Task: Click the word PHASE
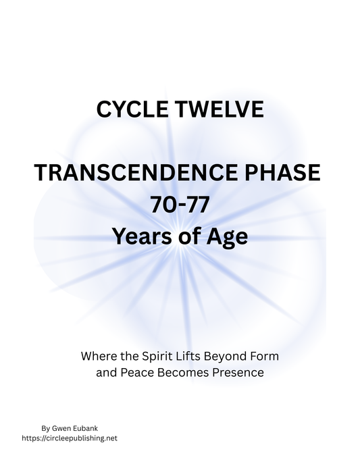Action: (280, 174)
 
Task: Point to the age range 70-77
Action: (179, 205)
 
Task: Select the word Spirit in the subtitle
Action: (161, 355)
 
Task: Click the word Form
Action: (266, 355)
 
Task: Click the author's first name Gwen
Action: (61, 428)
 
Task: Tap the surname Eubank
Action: (86, 428)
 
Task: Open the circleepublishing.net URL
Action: (78, 438)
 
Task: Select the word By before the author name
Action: (45, 428)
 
